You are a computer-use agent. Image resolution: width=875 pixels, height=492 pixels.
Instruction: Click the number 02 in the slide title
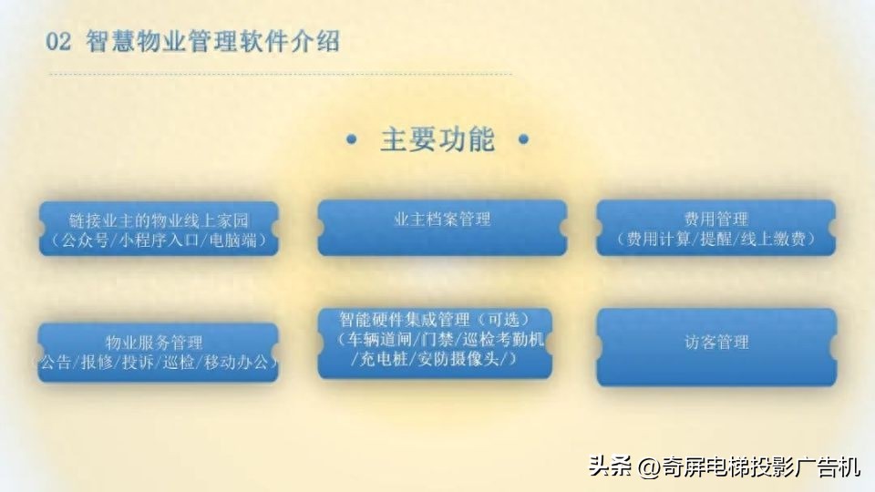58,42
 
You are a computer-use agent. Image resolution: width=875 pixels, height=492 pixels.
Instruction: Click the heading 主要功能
437,140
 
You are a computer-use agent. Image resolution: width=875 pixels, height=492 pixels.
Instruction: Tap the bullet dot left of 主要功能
352,141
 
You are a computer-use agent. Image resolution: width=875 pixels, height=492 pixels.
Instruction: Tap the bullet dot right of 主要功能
523,141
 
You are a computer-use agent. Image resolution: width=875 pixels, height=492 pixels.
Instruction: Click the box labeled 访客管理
716,343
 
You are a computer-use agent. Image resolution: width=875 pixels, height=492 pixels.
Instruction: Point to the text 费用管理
716,220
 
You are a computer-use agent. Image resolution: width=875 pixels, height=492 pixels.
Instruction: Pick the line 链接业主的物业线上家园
159,220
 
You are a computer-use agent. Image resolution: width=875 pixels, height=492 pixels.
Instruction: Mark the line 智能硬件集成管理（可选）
434,320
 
